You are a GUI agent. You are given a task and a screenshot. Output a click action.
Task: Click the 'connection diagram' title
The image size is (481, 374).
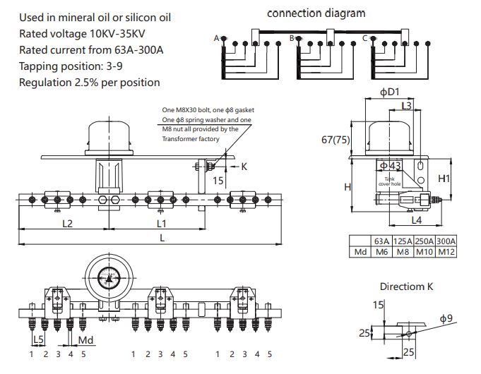point(316,13)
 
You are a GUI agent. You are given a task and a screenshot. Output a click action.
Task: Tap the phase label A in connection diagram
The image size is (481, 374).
point(216,38)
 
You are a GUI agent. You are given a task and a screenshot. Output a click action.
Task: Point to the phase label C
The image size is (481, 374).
point(364,38)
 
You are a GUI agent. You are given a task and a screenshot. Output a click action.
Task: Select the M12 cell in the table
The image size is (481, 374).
point(446,252)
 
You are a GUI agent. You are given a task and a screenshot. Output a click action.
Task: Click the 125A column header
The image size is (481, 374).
point(403,241)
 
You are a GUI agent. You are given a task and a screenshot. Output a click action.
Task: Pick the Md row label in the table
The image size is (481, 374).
point(360,252)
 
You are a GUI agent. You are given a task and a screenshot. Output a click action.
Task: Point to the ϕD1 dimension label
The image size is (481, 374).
point(389,92)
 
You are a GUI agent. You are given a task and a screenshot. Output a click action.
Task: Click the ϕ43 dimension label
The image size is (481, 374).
point(390,165)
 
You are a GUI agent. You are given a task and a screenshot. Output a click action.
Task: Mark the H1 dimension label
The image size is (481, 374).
point(444,179)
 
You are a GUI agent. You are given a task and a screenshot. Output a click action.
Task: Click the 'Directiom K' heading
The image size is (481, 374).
point(406,286)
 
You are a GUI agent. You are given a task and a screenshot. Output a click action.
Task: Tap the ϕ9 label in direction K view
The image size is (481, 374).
point(446,319)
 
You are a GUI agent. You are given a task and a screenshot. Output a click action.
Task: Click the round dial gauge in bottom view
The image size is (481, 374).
point(109,275)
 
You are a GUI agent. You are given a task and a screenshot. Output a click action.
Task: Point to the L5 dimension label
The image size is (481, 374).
point(38,339)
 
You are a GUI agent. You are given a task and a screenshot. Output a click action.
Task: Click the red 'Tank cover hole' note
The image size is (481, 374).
point(390,181)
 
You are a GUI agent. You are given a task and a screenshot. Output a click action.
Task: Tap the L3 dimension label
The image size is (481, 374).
point(406,106)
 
